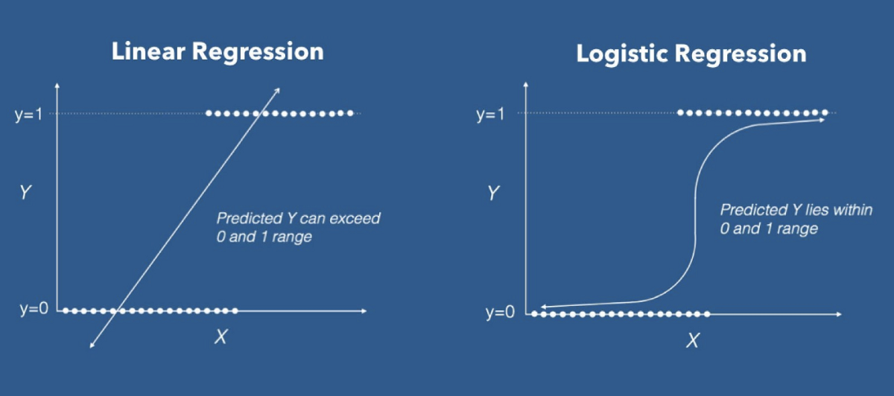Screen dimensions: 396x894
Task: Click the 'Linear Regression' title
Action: point(218,51)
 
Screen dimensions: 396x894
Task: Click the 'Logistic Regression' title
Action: point(691,54)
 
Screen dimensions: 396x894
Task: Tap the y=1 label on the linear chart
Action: point(28,114)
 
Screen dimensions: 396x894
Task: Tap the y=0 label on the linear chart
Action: point(34,309)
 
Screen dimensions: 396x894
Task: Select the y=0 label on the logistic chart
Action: point(501,313)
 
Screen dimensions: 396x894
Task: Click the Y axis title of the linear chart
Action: point(25,194)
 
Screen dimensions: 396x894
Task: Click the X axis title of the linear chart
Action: point(221,337)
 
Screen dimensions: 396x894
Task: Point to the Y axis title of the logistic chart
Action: point(493,194)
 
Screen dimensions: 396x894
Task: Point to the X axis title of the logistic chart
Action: point(693,341)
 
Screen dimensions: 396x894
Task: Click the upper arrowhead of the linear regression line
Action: point(278,90)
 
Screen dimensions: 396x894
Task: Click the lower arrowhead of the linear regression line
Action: point(92,345)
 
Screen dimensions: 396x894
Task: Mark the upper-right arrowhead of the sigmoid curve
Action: point(822,119)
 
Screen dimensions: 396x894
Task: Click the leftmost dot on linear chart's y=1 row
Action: point(209,113)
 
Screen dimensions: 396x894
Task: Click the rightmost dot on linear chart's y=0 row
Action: point(235,310)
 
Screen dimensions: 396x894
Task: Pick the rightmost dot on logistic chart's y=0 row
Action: point(707,314)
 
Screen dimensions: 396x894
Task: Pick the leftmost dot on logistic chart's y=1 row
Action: point(679,113)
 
